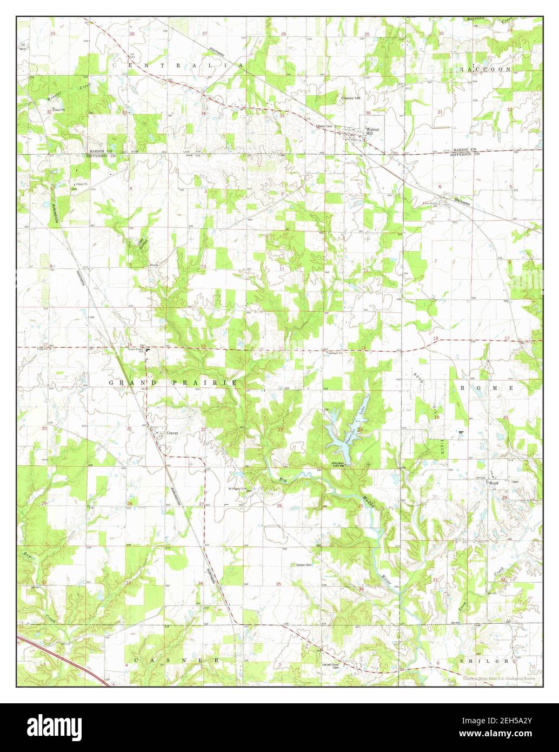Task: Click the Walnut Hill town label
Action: pos(374,131)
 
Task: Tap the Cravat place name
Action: pos(172,433)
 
